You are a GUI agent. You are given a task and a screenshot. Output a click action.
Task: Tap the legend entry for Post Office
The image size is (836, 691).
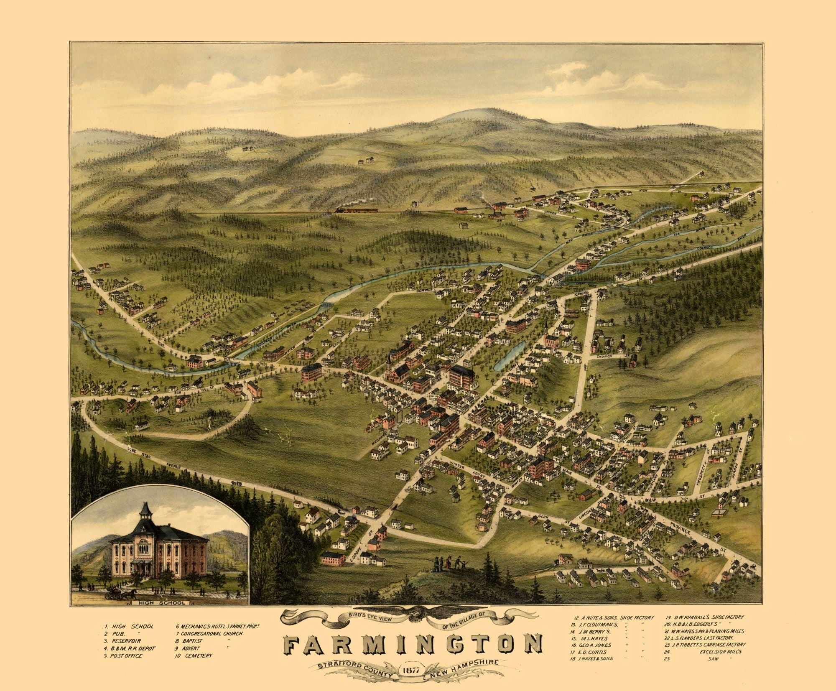(124, 655)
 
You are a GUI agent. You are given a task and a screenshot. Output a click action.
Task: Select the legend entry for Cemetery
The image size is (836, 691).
(194, 655)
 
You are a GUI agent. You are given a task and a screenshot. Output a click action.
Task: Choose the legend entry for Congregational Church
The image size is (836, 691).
(209, 633)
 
